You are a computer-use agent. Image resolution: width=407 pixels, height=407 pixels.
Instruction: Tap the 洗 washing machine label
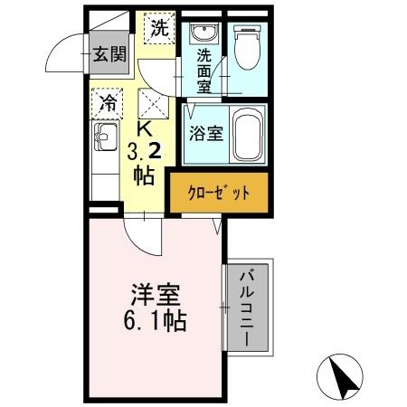159,28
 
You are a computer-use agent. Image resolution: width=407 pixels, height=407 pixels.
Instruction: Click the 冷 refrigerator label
109,102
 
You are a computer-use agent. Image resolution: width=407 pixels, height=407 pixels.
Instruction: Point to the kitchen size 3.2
145,150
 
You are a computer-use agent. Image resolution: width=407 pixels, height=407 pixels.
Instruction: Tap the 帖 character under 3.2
145,174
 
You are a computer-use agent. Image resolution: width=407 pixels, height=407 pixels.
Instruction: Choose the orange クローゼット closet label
219,193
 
